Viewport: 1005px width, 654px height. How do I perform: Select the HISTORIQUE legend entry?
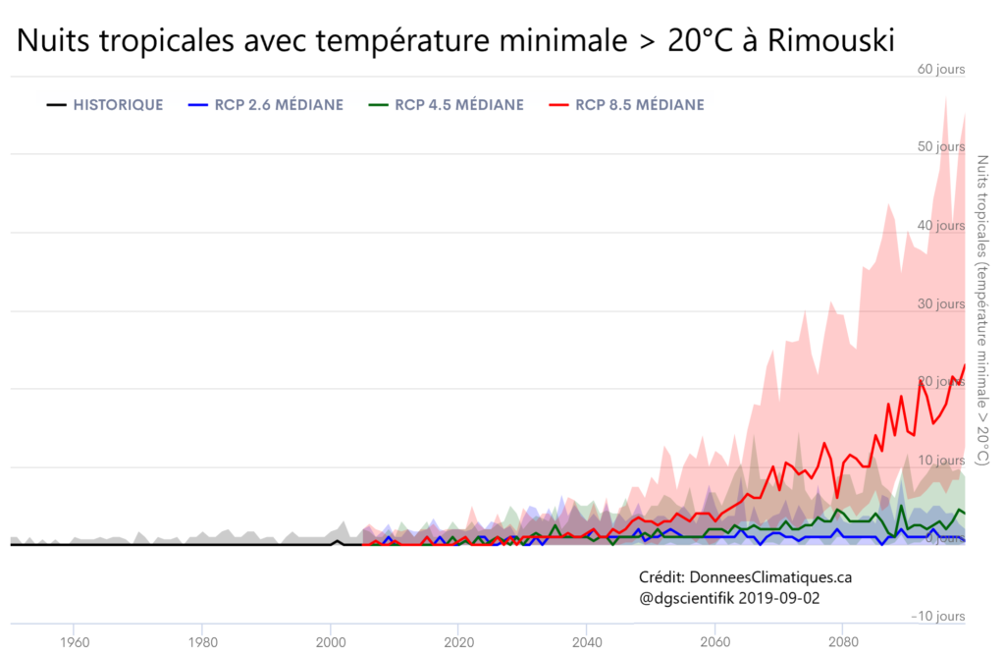[118, 105]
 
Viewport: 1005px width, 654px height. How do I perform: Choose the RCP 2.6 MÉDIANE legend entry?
[279, 105]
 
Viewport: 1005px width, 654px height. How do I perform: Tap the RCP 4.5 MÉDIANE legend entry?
[459, 105]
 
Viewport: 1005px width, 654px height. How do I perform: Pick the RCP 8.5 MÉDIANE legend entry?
[640, 105]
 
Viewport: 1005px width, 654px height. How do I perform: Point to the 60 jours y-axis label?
[941, 69]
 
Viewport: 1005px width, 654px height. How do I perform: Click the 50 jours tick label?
[941, 147]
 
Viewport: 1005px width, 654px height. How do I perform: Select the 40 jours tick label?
[941, 226]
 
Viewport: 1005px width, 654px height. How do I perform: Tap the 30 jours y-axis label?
[941, 304]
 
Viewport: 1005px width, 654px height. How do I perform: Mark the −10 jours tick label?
[937, 617]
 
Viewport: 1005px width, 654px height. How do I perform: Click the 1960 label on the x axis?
[74, 643]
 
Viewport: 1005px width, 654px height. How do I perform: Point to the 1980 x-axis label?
[202, 643]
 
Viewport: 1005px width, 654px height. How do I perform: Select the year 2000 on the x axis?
[331, 643]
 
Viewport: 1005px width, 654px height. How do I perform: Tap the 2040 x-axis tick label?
[587, 643]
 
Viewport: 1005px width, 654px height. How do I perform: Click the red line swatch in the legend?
[559, 105]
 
